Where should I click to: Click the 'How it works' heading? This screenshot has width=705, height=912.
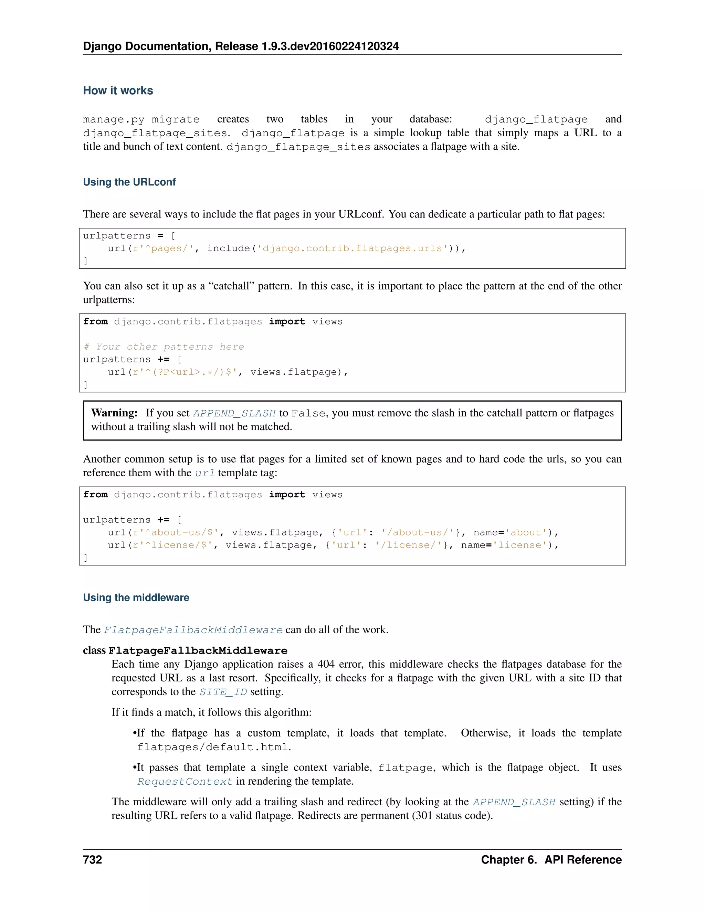click(x=118, y=91)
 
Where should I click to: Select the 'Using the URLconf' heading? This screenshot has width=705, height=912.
click(x=129, y=182)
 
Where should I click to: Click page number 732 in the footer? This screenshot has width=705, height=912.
click(x=92, y=860)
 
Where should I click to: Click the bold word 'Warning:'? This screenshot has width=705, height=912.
click(x=114, y=413)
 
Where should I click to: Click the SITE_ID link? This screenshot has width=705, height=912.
click(x=223, y=692)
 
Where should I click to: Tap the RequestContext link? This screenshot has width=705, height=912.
click(x=185, y=782)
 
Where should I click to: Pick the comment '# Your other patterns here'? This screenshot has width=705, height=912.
click(x=164, y=347)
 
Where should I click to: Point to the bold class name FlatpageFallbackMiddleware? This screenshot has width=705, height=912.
click(x=198, y=650)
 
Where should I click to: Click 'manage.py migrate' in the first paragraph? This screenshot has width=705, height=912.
click(x=141, y=119)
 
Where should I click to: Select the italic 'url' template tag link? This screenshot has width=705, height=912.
click(x=205, y=473)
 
